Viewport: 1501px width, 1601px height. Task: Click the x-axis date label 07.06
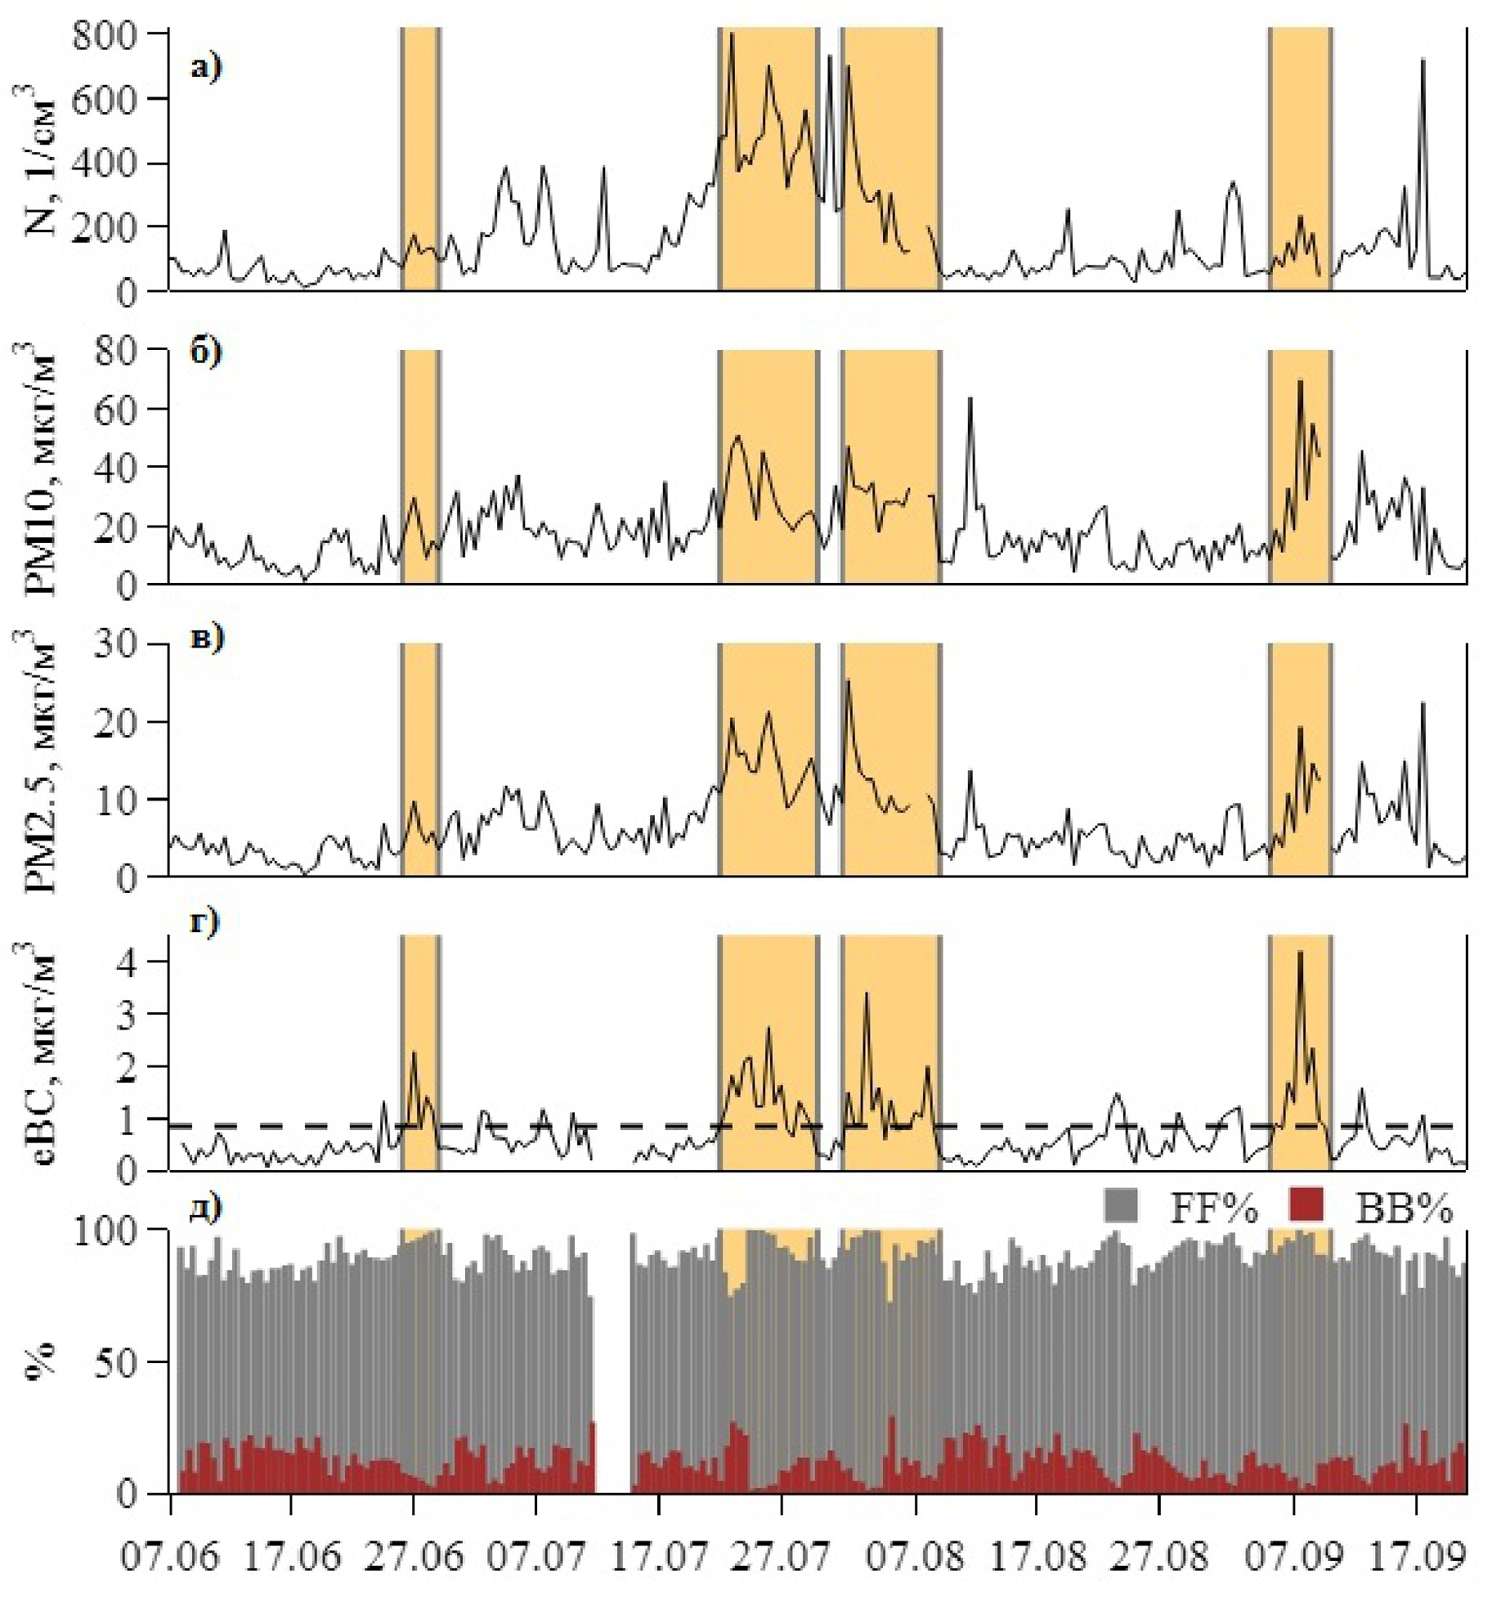click(x=170, y=1557)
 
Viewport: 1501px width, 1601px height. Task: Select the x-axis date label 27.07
click(x=782, y=1557)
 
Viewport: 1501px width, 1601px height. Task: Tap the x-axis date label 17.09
click(x=1417, y=1557)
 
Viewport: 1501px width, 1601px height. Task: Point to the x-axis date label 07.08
click(x=916, y=1557)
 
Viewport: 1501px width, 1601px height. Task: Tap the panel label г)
click(x=204, y=922)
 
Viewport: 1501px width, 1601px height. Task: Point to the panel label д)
click(x=205, y=1207)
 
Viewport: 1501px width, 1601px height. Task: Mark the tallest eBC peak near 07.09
click(x=1300, y=952)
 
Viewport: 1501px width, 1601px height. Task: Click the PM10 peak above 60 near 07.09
click(x=1299, y=381)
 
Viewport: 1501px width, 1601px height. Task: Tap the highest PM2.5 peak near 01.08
click(x=848, y=681)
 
